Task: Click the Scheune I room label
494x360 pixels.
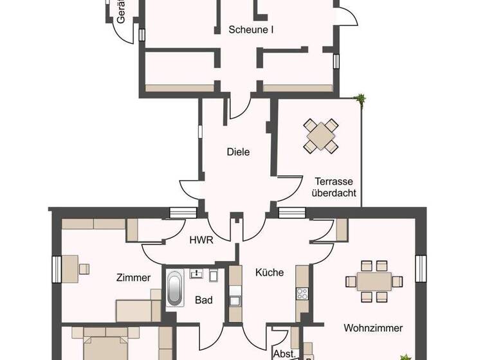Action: pyautogui.click(x=252, y=29)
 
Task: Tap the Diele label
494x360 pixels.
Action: pyautogui.click(x=238, y=152)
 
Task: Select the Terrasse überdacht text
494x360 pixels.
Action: pyautogui.click(x=334, y=186)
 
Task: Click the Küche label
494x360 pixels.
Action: pyautogui.click(x=269, y=272)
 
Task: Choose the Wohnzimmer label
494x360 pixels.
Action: pyautogui.click(x=373, y=328)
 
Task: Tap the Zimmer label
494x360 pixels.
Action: pyautogui.click(x=133, y=278)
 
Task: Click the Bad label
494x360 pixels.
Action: pyautogui.click(x=204, y=300)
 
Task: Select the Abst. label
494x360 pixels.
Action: pyautogui.click(x=284, y=353)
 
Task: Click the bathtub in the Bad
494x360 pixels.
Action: pyautogui.click(x=175, y=287)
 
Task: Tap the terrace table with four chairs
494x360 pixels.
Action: pyautogui.click(x=321, y=135)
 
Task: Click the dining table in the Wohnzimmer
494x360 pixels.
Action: pyautogui.click(x=369, y=281)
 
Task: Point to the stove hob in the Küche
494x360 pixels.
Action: pyautogui.click(x=302, y=293)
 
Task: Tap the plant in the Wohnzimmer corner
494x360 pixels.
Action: pyautogui.click(x=405, y=355)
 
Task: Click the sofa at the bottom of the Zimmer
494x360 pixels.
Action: pyautogui.click(x=138, y=309)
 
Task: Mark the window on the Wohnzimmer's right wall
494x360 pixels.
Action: pyautogui.click(x=421, y=269)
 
